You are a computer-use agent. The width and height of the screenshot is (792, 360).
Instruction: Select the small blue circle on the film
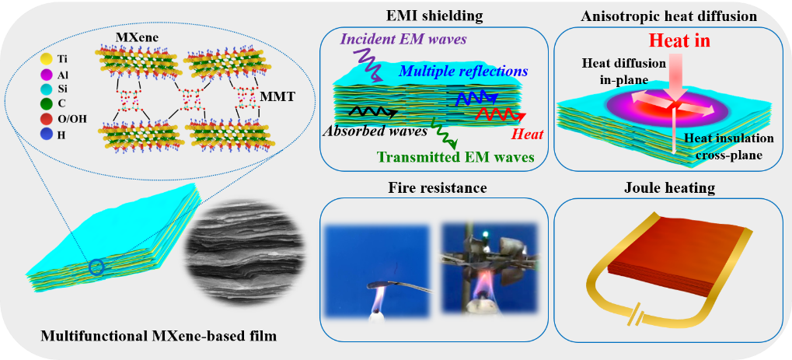point(96,267)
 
